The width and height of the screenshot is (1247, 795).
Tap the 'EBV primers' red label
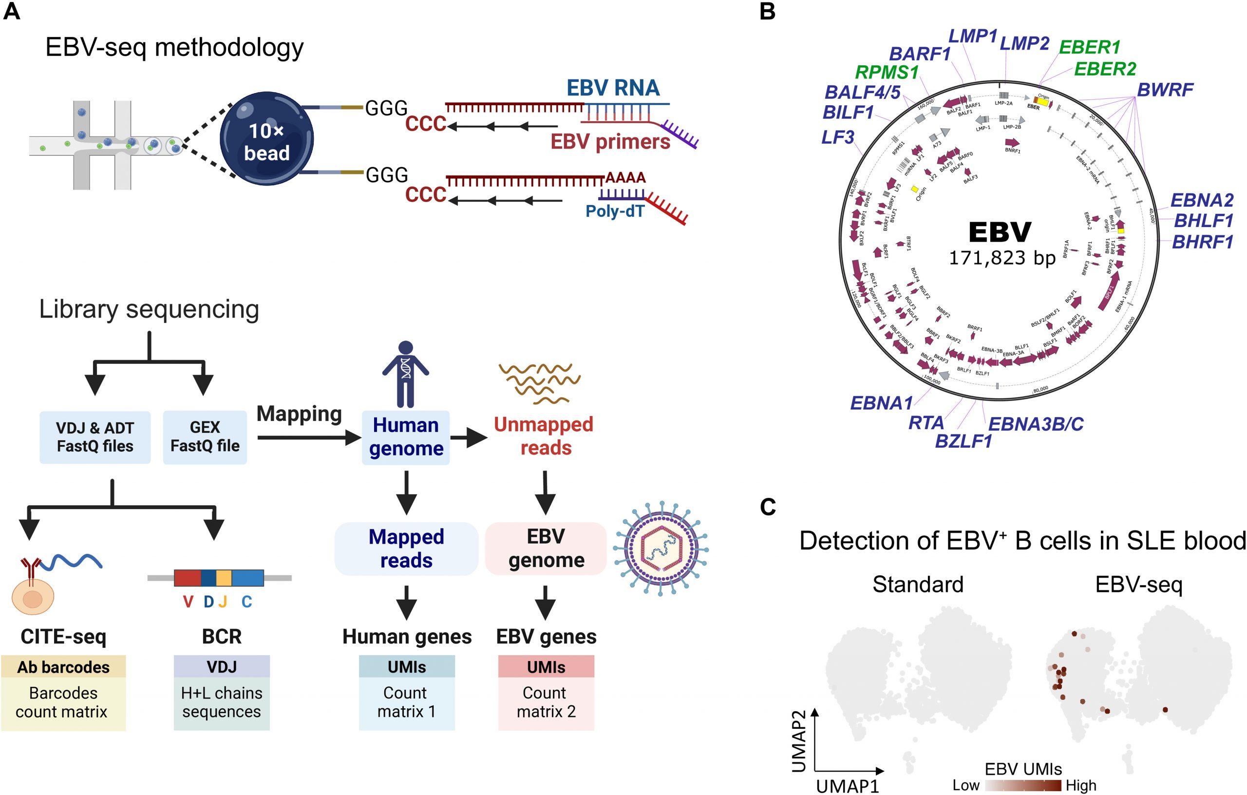point(609,141)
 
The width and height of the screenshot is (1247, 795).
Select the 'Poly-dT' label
point(615,211)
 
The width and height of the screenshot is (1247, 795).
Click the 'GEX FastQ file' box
point(205,436)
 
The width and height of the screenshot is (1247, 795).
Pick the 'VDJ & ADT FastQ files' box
point(95,437)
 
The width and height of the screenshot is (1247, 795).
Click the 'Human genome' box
point(405,436)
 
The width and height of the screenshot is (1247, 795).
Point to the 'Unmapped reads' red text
point(544,435)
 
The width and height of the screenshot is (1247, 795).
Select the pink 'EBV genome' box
point(546,549)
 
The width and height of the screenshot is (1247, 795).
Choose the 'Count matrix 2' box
point(546,702)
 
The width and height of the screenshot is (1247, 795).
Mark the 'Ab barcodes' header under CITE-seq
point(63,667)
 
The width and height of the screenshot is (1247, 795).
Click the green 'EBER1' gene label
point(1090,48)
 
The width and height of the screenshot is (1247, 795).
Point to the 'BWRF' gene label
point(1165,90)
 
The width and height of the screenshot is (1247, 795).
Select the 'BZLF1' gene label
point(963,442)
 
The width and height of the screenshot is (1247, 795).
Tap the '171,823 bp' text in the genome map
point(1001,257)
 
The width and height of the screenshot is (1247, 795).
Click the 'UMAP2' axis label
point(798,740)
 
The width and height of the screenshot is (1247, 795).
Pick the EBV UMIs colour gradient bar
point(1023,786)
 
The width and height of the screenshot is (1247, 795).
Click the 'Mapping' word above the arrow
point(299,414)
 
